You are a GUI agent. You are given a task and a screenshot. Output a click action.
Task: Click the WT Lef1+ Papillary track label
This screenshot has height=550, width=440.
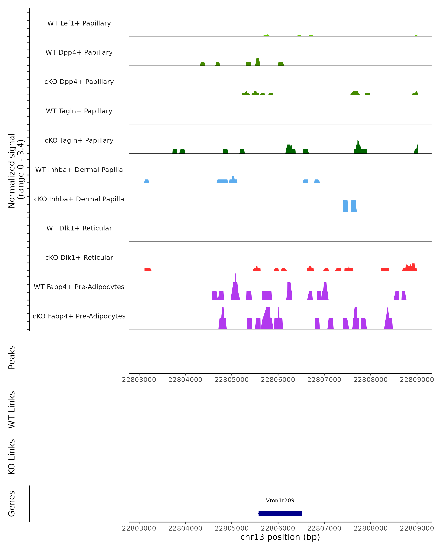coord(79,23)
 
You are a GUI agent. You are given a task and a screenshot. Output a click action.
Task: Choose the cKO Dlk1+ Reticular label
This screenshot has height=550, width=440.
coord(79,257)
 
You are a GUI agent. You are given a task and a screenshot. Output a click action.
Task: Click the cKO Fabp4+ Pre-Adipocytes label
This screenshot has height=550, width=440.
coord(79,316)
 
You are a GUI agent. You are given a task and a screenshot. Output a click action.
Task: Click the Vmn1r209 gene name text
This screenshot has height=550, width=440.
coord(280,500)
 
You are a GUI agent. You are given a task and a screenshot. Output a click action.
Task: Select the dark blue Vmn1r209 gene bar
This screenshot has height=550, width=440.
coord(280,514)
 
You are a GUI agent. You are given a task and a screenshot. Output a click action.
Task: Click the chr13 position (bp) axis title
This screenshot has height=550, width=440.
coord(280,537)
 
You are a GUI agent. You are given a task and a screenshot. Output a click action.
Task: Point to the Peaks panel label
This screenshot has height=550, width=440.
coord(12,357)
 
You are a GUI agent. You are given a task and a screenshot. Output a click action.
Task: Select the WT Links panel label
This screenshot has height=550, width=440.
coord(12,409)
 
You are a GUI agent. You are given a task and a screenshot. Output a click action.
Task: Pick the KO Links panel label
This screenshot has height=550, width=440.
coord(12,457)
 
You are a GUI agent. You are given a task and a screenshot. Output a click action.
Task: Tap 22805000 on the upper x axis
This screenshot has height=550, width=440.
coord(232,380)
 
